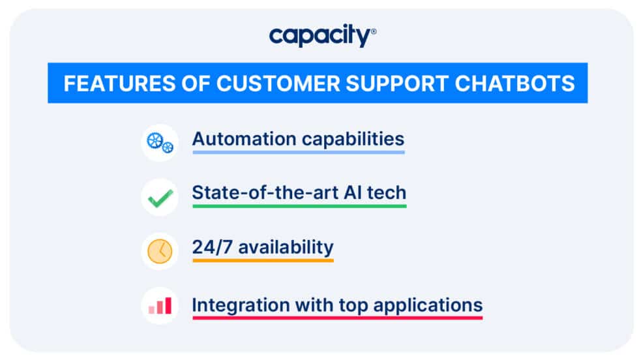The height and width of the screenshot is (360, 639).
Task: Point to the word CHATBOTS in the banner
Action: pos(515,83)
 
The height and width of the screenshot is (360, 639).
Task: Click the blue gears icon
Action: pos(160,142)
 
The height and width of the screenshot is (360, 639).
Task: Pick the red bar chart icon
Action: pos(160,305)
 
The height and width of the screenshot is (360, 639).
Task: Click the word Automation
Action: pos(236,139)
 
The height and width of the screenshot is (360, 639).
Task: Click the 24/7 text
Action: pos(209,248)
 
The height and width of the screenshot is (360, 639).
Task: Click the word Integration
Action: pos(241,305)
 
